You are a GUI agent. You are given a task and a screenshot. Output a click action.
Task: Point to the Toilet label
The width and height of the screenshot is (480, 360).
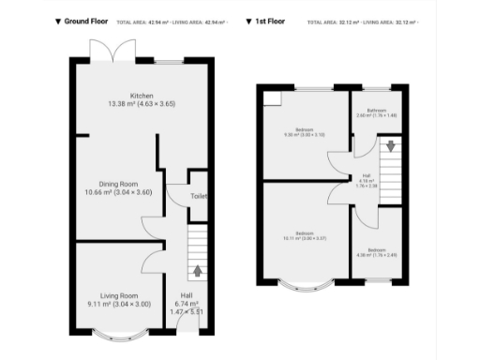pyautogui.click(x=199, y=196)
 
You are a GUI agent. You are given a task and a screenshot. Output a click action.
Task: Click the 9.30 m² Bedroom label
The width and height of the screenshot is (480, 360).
pyautogui.click(x=305, y=132)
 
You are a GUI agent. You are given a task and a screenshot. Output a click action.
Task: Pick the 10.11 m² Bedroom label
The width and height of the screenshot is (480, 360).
pyautogui.click(x=305, y=235)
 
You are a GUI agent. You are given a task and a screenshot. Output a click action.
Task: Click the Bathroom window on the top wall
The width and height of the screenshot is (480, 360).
pyautogui.click(x=377, y=87)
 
